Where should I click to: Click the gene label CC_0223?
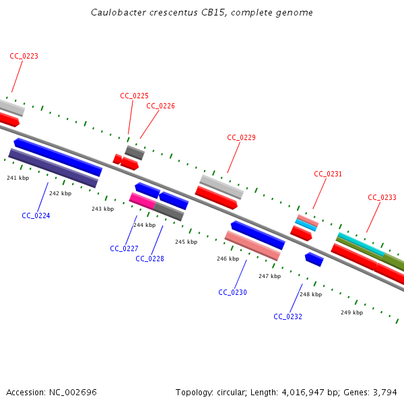coord(24,56)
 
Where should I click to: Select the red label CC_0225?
coord(134,96)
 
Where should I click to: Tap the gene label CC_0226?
coord(160,106)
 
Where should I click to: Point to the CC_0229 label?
coord(241,137)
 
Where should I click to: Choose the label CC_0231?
coord(328,174)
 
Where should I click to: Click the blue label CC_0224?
coord(36,215)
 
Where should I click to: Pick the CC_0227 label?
coord(124,248)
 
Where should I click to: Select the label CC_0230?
coord(232,292)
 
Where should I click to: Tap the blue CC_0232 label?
coord(288,316)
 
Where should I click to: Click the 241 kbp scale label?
coord(18,178)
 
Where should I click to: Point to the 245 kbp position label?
coord(186,242)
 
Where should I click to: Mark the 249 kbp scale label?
coord(351,312)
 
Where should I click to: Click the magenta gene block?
coord(143,201)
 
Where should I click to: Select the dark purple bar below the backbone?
coord(53,168)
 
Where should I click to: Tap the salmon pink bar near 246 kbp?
coord(252,246)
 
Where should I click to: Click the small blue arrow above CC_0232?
coord(314,259)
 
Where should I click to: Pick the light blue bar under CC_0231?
coord(306,225)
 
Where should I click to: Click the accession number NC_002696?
coord(73,393)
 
